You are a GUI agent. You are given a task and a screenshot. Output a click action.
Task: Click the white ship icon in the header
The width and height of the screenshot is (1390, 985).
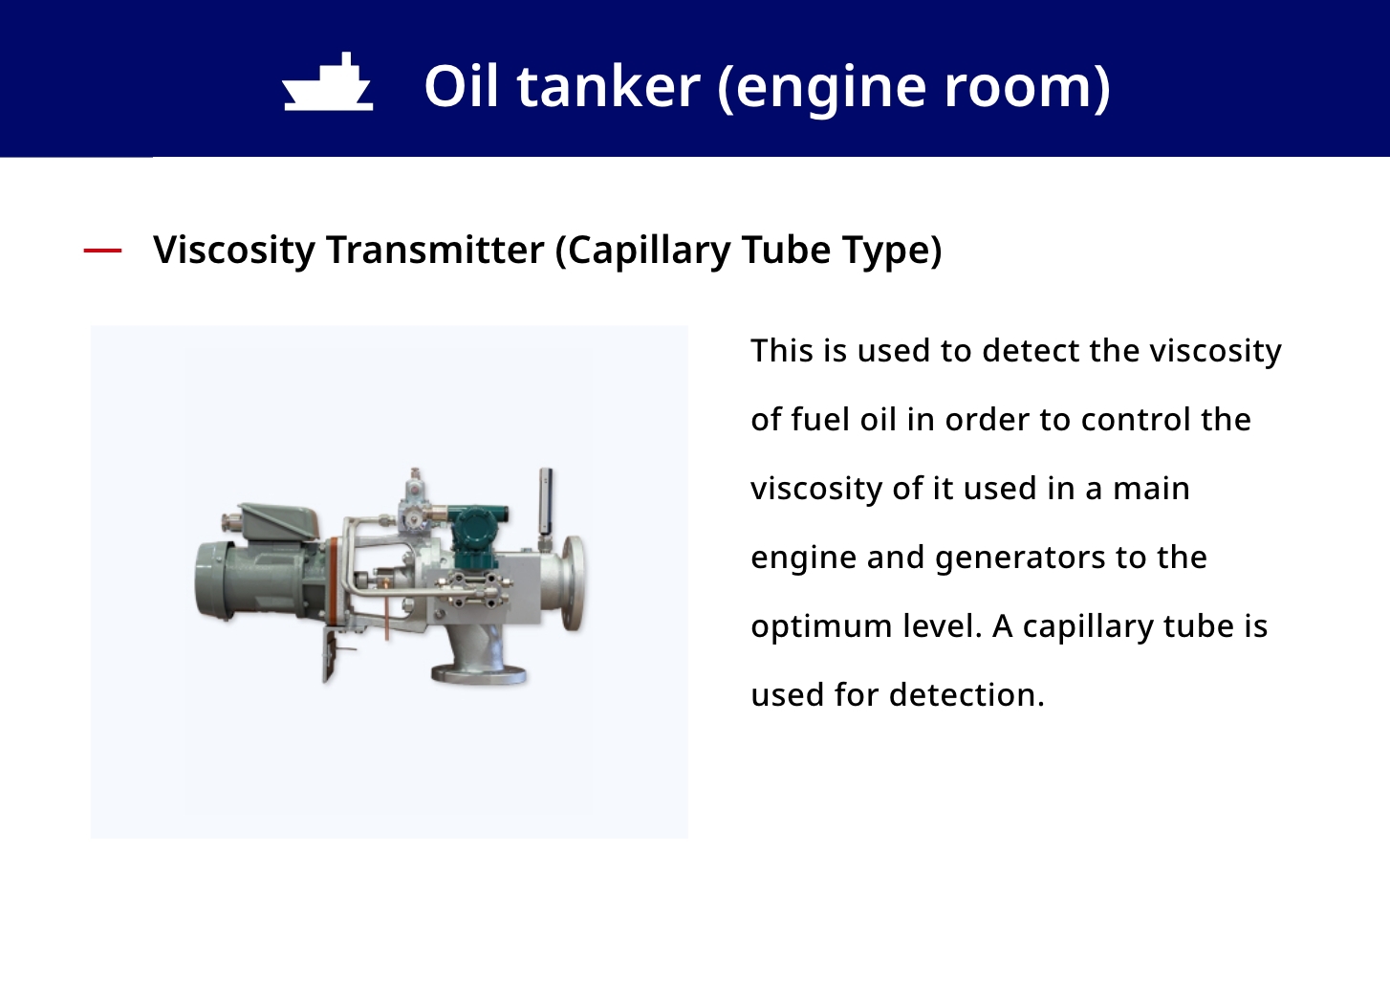point(328,82)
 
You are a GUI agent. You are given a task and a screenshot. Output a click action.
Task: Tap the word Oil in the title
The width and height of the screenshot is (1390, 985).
point(461,86)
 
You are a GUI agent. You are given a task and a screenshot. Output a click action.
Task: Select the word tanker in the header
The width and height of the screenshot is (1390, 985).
point(609,86)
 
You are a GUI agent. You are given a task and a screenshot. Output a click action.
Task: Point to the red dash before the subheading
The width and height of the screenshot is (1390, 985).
point(102,251)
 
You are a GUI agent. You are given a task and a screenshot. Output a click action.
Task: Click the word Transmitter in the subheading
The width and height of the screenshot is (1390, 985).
point(436,250)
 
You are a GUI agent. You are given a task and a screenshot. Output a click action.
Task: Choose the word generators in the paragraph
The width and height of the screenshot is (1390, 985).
point(1020,558)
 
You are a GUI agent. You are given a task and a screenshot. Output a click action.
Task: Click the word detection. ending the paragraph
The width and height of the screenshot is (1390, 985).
point(966,694)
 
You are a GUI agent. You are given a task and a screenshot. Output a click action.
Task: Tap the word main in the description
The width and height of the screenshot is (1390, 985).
point(1151,489)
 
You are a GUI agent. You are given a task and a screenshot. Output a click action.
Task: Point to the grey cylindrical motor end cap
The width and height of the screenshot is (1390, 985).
point(214,580)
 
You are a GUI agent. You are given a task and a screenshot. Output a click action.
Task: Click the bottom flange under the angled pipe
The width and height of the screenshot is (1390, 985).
point(478,674)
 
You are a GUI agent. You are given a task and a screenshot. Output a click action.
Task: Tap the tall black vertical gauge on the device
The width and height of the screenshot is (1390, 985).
point(546,501)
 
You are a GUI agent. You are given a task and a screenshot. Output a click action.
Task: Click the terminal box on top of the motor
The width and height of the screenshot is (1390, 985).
point(279,521)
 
